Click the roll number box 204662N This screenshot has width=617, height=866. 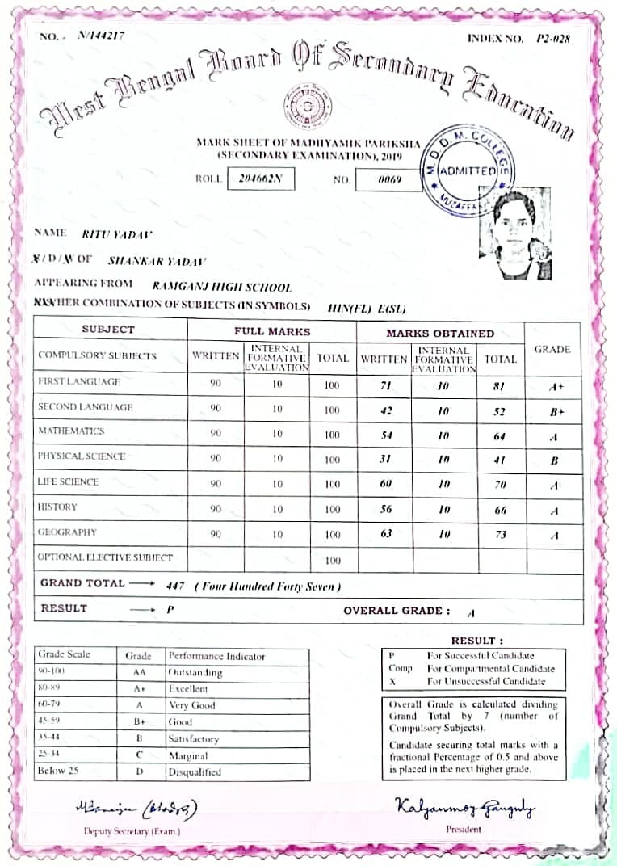(x=261, y=179)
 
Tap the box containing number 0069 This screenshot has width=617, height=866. (x=389, y=179)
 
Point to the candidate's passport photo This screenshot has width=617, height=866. (x=514, y=234)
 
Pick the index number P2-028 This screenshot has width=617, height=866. (x=553, y=39)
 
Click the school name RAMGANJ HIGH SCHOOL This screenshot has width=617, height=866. (x=221, y=287)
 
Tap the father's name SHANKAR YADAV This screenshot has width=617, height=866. (x=157, y=261)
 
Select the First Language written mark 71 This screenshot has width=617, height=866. (x=385, y=385)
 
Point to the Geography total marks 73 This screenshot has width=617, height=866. (x=499, y=535)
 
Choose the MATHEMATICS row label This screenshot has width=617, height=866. (x=71, y=431)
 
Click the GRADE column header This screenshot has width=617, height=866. (x=552, y=349)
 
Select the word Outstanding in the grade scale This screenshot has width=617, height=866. (x=195, y=672)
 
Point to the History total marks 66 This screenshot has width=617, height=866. (x=499, y=510)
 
